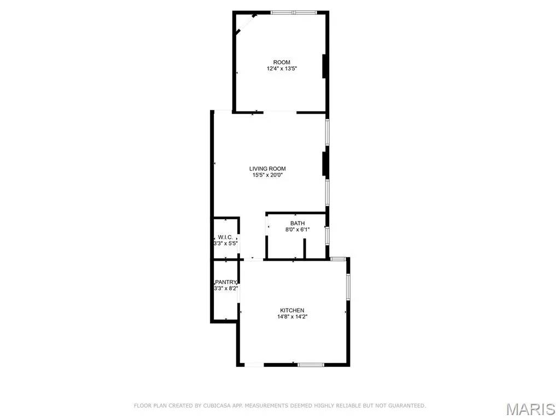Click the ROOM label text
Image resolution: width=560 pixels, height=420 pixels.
pos(282,62)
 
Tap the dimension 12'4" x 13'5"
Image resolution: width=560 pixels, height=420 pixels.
pos(282,68)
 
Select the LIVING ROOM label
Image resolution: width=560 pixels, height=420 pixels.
pos(267,168)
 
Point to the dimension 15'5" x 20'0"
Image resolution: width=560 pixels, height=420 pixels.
pos(267,175)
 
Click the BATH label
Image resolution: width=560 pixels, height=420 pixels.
pos(297,223)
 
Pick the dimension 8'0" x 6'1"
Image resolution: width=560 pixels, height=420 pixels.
pos(297,230)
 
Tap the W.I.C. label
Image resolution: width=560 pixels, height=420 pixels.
pos(225,237)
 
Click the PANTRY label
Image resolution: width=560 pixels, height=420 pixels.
pos(226,282)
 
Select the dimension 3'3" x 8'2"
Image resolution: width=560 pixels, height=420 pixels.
pos(226,289)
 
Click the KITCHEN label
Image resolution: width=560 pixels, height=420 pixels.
pos(292,311)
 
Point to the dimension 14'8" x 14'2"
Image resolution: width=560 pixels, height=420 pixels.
pos(292,317)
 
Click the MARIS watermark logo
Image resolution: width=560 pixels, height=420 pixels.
pos(531,409)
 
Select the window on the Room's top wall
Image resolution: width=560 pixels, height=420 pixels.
pos(294,13)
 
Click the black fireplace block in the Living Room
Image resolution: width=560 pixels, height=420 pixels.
pos(325,164)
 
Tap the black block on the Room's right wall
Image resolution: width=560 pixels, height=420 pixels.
pos(325,66)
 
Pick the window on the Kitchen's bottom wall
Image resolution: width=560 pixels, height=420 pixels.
pos(311,365)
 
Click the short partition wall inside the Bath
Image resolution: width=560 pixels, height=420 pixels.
pos(305,248)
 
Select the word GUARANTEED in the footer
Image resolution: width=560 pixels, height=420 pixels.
pos(407,406)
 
